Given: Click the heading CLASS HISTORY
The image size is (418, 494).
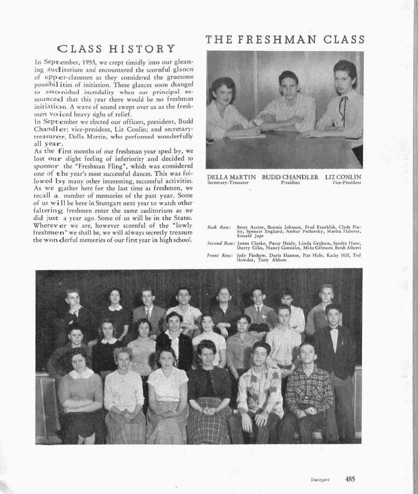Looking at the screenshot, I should [117, 49].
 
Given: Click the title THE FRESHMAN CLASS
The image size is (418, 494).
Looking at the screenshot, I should [285, 39].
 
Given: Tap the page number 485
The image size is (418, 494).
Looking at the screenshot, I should [350, 479].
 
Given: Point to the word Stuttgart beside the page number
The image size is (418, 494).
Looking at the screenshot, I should [320, 480].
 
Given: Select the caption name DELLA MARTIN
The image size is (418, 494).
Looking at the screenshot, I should [231, 177].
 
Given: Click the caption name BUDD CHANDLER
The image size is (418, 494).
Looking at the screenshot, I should [290, 177].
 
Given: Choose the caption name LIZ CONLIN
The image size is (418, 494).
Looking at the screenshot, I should [343, 177].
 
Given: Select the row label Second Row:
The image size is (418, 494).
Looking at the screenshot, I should [221, 243].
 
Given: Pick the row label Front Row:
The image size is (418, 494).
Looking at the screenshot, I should [220, 255].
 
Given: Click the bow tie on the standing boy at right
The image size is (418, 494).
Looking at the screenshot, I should [334, 329].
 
